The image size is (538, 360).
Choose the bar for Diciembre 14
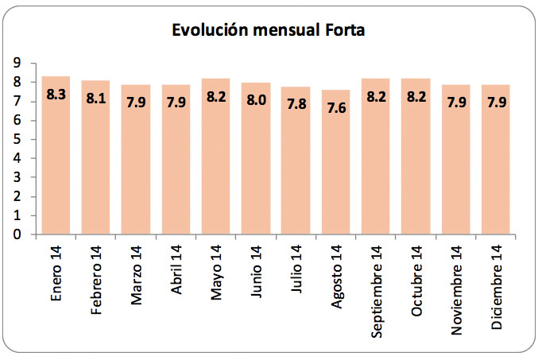495,167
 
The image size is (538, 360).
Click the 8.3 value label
56,95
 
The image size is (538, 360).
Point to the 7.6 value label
335,107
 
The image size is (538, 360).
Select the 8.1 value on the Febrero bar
96,99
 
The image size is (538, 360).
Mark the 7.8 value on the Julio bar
296,104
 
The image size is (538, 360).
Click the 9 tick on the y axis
16,63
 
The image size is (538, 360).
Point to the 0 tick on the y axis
16,234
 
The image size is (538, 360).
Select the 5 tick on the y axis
16,139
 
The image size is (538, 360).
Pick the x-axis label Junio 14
256,274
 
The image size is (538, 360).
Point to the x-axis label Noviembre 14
456,285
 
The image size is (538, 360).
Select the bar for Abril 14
176,167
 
